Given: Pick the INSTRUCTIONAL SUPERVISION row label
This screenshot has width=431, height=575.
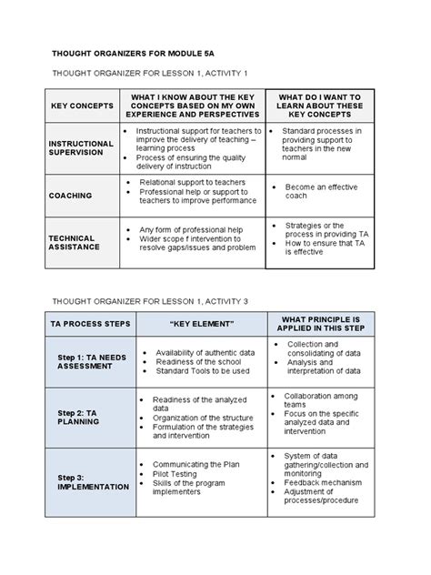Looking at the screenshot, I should point(81,148).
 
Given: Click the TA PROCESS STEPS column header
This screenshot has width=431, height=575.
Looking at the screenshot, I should point(88,325).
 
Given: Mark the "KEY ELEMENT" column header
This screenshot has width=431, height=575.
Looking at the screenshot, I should point(202,325).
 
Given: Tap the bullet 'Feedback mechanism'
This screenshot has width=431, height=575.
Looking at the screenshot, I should point(330,482).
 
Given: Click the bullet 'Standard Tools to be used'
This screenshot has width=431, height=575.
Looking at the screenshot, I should point(203,371).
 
